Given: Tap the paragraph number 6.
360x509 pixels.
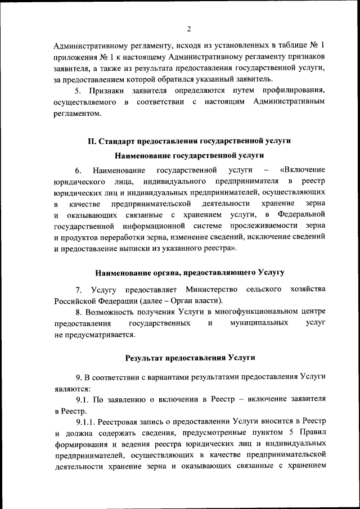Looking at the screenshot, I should point(78,170).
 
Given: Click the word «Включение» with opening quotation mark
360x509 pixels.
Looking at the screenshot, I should point(302,170).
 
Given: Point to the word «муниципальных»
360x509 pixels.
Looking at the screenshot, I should point(259,323).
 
